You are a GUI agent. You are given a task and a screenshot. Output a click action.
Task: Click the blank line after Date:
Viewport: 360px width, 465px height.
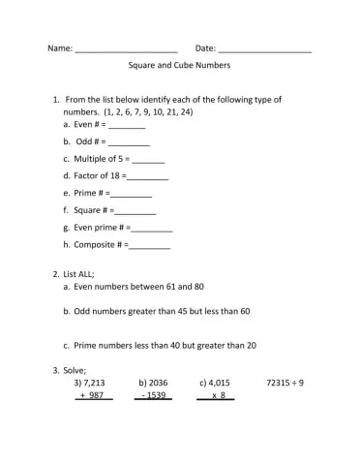pyautogui.click(x=265, y=50)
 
